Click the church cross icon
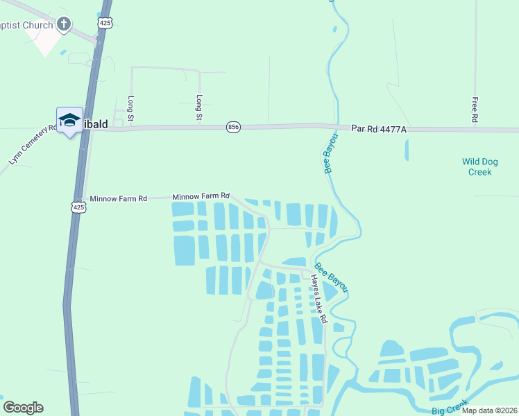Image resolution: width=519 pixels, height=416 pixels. click(63, 26)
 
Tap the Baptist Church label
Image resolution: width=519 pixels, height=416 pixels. click(26, 26)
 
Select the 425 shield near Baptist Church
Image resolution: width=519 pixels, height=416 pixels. click(105, 24)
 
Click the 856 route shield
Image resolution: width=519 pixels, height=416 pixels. click(233, 127)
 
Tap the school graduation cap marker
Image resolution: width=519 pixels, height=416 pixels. click(69, 121)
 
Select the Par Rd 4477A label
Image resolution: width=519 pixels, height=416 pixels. click(378, 128)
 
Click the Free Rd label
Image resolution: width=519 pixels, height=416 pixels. click(475, 110)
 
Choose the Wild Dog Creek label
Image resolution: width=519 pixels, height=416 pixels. click(480, 166)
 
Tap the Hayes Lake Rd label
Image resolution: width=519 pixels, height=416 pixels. click(318, 300)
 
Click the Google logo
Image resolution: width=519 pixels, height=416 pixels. click(23, 408)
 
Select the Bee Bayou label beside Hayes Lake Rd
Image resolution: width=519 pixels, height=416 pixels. click(331, 277)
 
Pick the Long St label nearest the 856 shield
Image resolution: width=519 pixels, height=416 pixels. click(199, 107)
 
